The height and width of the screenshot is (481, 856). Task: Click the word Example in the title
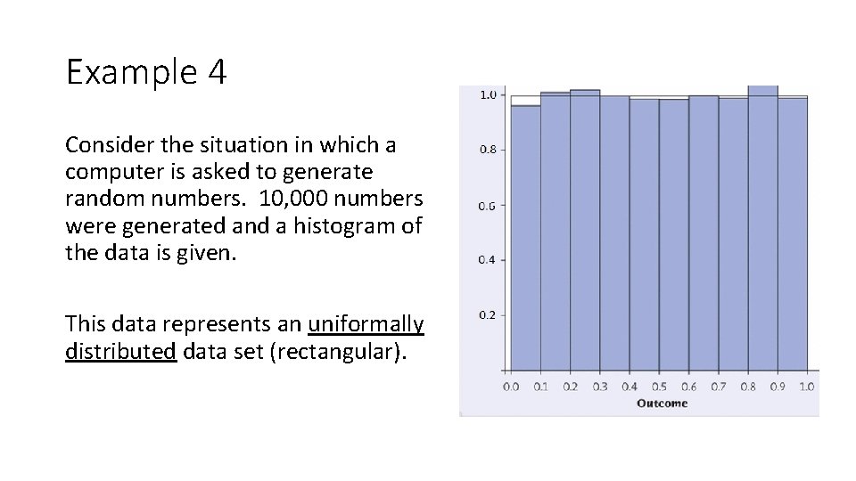(x=132, y=73)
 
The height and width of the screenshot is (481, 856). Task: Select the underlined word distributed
(x=120, y=352)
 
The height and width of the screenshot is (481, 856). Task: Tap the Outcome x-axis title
(x=662, y=404)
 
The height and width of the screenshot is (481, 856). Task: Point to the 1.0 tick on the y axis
(x=489, y=94)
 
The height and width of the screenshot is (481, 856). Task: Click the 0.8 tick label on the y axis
(x=489, y=150)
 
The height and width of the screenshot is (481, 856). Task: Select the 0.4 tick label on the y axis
(x=489, y=260)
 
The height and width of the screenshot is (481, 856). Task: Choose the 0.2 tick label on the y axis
(x=489, y=315)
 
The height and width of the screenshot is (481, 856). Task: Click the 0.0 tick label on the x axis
(x=511, y=387)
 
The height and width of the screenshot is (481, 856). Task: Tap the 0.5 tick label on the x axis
(x=659, y=387)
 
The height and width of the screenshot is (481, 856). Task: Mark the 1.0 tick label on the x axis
(x=807, y=387)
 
